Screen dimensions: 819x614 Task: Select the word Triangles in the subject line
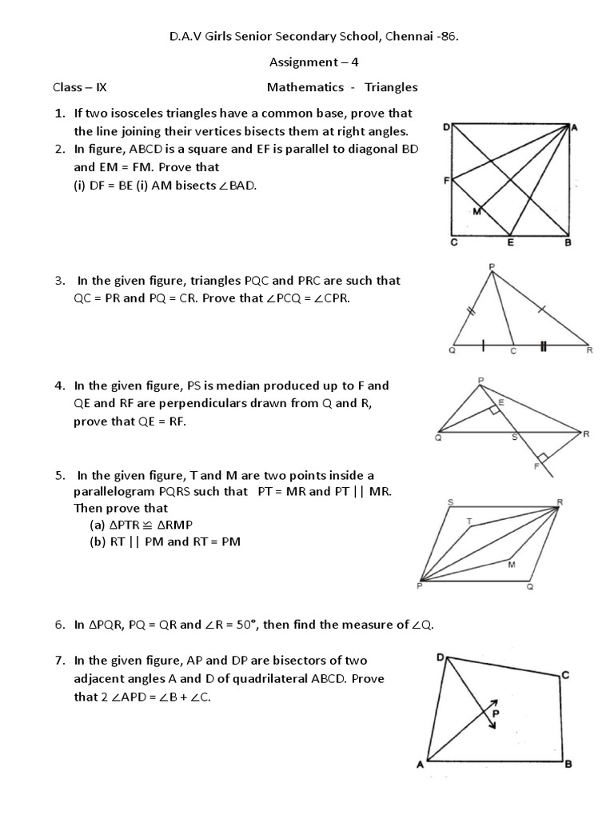click(391, 86)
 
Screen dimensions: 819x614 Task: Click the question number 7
click(59, 660)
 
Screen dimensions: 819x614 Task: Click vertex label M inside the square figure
click(476, 212)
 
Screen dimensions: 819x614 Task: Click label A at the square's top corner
click(573, 126)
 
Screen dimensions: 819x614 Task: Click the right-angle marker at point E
click(496, 409)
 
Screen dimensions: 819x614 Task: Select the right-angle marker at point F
click(544, 458)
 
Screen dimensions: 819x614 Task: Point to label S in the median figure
click(514, 438)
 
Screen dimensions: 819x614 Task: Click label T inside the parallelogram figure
click(469, 521)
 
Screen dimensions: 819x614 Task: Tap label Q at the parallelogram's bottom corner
click(529, 585)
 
